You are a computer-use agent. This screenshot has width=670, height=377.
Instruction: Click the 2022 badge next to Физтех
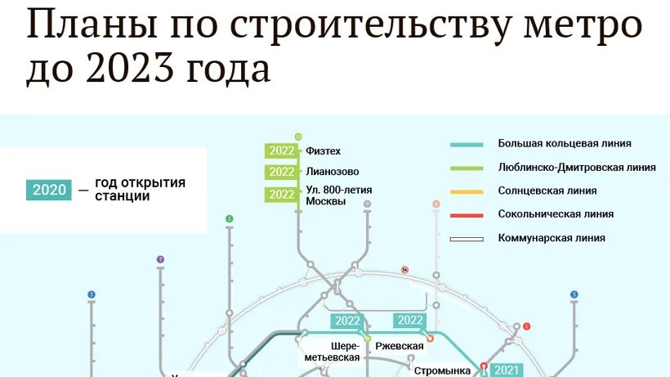(x=281, y=150)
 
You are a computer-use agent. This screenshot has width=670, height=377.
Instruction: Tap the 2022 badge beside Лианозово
(x=281, y=172)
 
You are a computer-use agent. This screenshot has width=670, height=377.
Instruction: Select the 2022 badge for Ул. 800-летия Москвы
(x=281, y=194)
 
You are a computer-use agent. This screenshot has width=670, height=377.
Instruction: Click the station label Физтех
(x=323, y=150)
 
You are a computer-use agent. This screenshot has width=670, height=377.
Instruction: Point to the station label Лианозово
(x=332, y=172)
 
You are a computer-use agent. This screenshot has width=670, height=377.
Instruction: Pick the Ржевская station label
(x=399, y=346)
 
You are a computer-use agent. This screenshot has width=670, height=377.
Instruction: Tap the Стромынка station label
(x=442, y=370)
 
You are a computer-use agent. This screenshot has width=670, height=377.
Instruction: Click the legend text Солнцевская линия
(x=547, y=191)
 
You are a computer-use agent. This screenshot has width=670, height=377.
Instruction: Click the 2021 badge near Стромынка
(x=507, y=370)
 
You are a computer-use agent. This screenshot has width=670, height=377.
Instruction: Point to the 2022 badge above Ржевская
(x=410, y=321)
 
